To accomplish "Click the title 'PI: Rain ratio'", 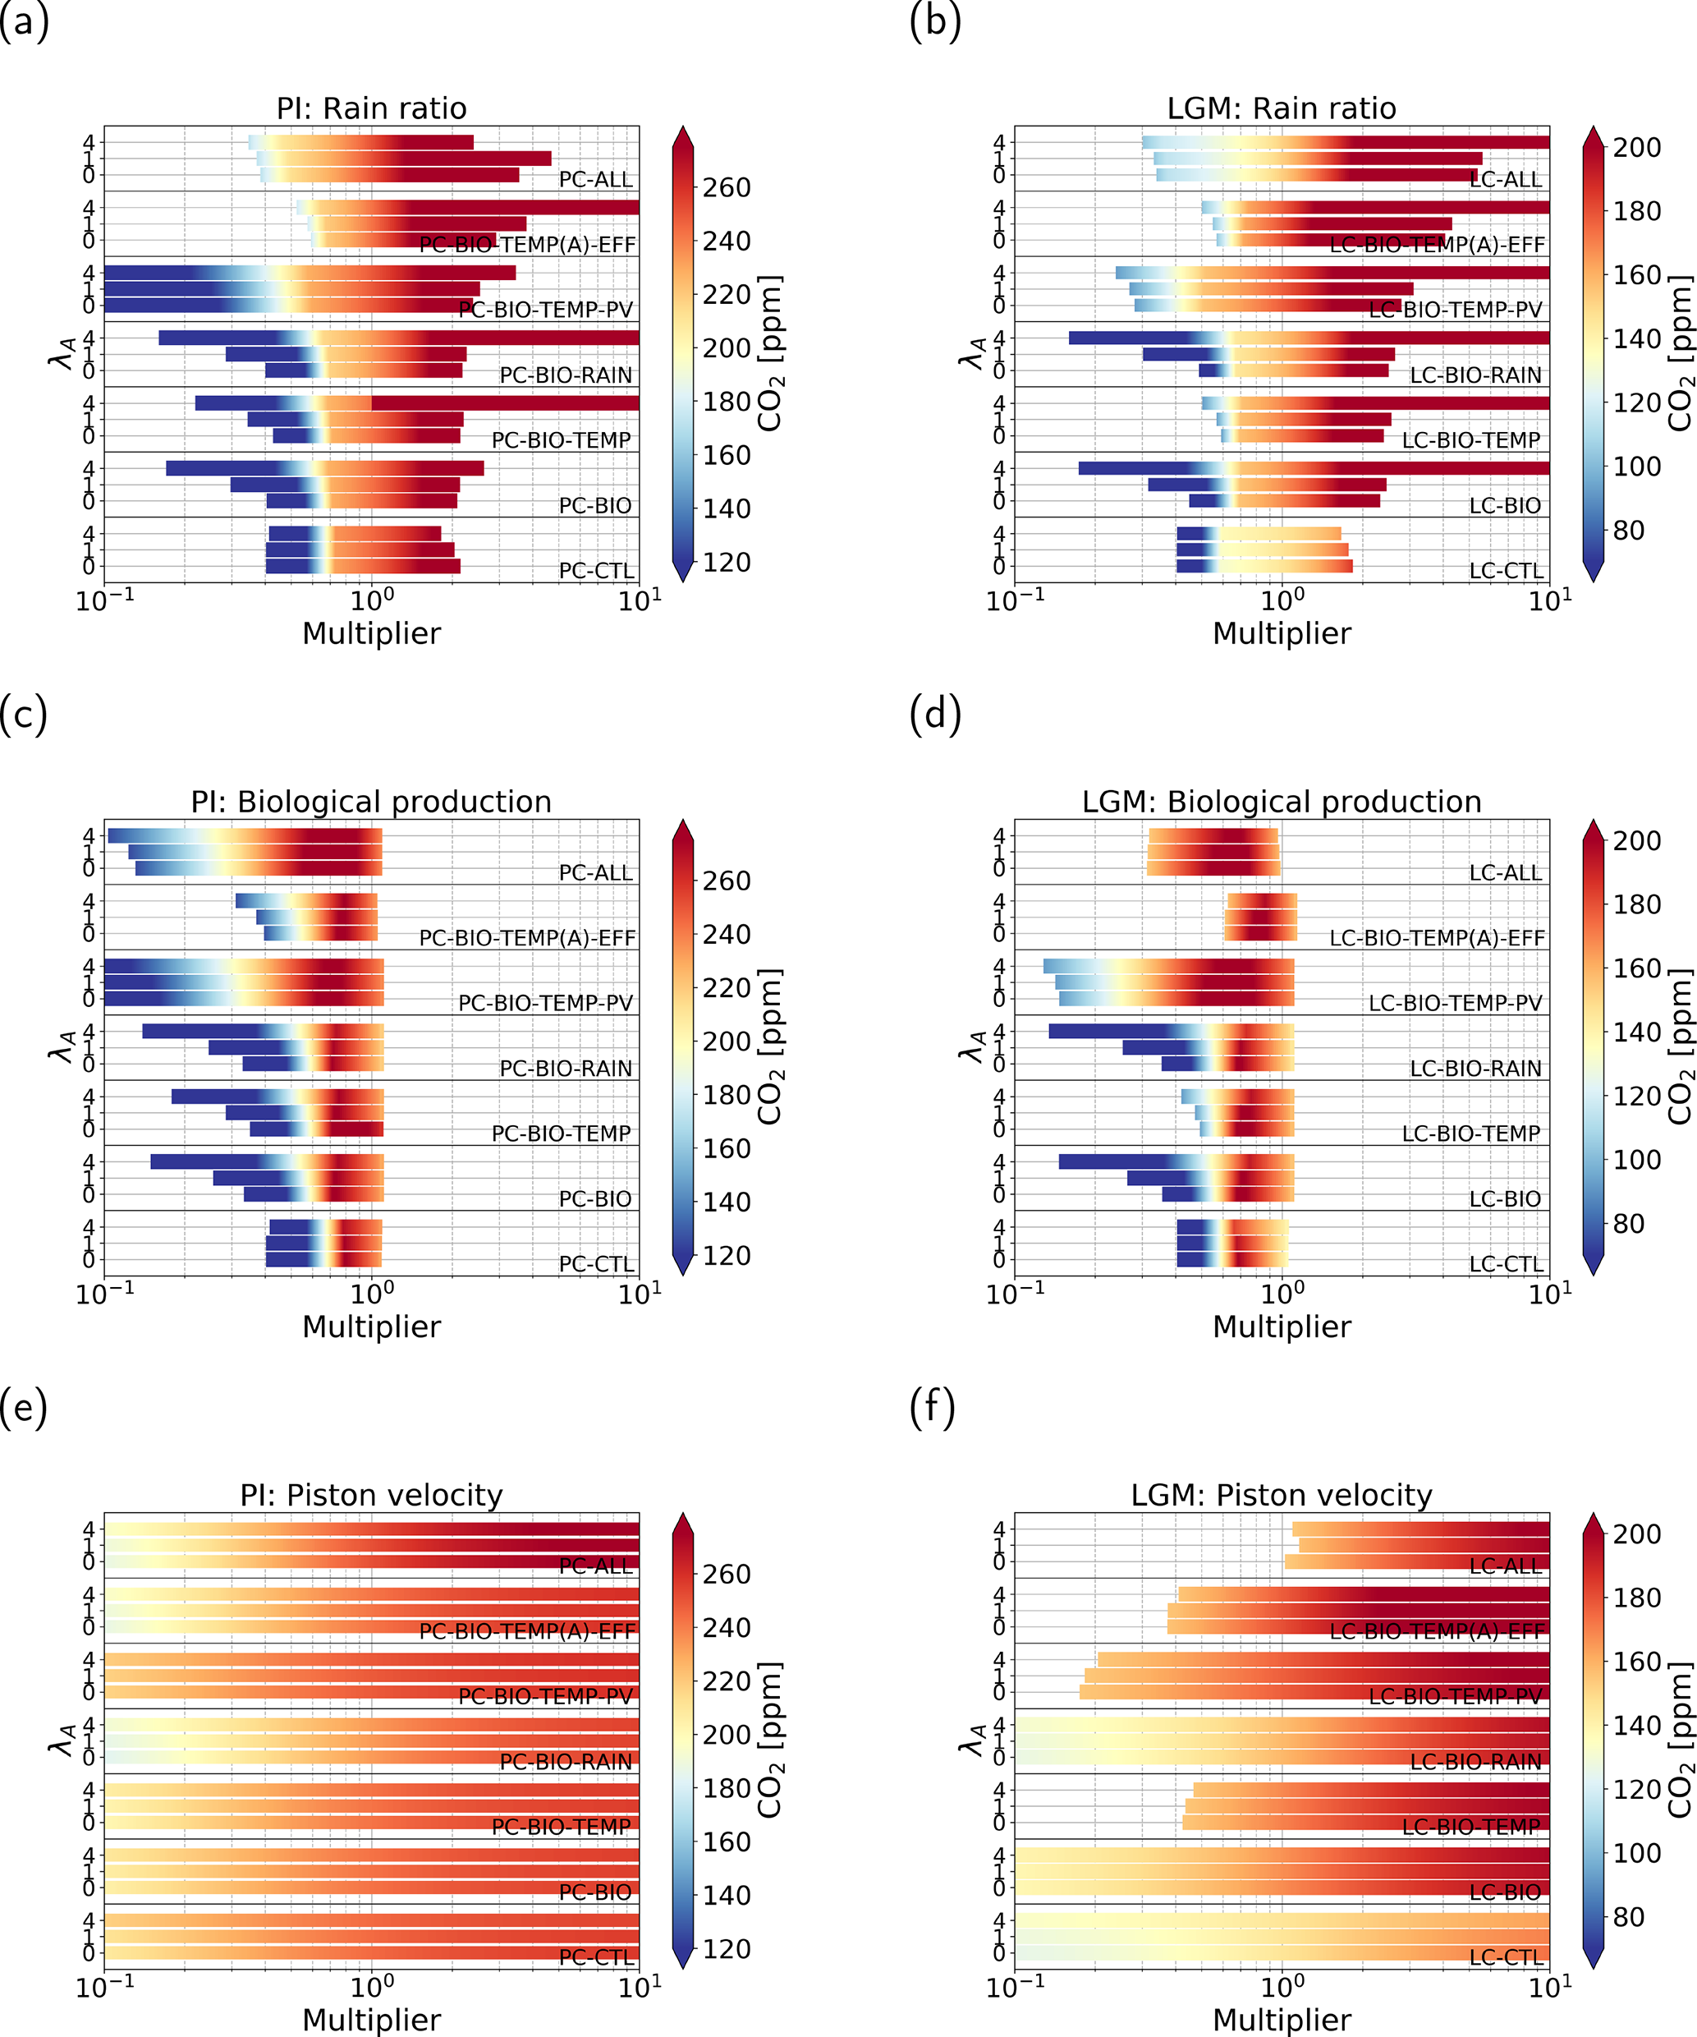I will tap(371, 108).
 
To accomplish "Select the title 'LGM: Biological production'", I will tap(1281, 802).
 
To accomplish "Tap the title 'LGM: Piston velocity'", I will tap(1281, 1495).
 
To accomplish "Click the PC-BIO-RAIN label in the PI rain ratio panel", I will tap(566, 375).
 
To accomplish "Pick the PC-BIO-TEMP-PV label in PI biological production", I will tap(545, 1003).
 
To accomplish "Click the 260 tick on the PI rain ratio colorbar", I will tap(727, 187).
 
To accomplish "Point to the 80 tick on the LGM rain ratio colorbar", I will tap(1629, 531).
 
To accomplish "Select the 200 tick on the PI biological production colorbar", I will tap(727, 1041).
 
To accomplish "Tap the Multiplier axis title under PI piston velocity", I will tap(371, 2020).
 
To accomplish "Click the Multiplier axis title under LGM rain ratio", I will tap(1281, 633).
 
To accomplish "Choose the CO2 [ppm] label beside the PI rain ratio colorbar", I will tap(770, 353).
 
